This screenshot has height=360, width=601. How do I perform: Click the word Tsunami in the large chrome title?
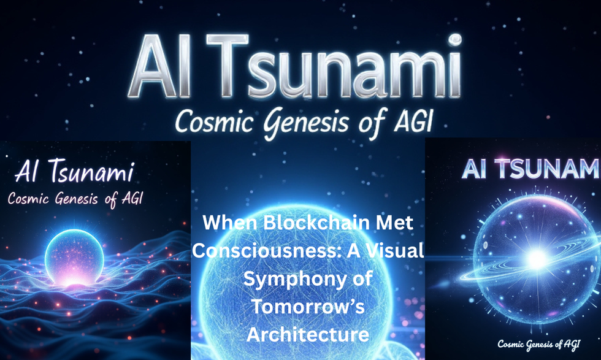(x=335, y=66)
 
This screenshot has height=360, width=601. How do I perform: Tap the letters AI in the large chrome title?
(x=159, y=66)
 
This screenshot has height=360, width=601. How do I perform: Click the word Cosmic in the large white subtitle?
(x=215, y=121)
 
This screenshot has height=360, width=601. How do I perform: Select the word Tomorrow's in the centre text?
(x=308, y=307)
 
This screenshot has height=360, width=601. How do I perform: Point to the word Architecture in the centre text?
(x=308, y=334)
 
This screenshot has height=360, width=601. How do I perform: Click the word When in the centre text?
(x=231, y=223)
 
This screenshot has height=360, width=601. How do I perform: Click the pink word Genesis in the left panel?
(x=77, y=199)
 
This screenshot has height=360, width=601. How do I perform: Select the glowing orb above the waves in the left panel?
(x=74, y=258)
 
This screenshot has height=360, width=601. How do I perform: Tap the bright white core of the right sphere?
(x=537, y=259)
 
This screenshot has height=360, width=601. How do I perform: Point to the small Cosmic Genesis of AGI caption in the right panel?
(x=538, y=344)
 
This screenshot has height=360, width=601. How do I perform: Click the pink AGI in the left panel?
(x=132, y=198)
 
